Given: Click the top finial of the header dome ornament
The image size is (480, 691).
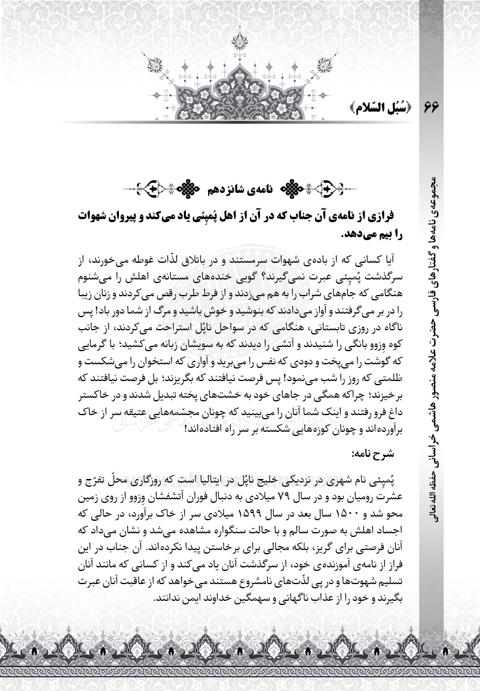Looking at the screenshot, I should pos(240,40).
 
